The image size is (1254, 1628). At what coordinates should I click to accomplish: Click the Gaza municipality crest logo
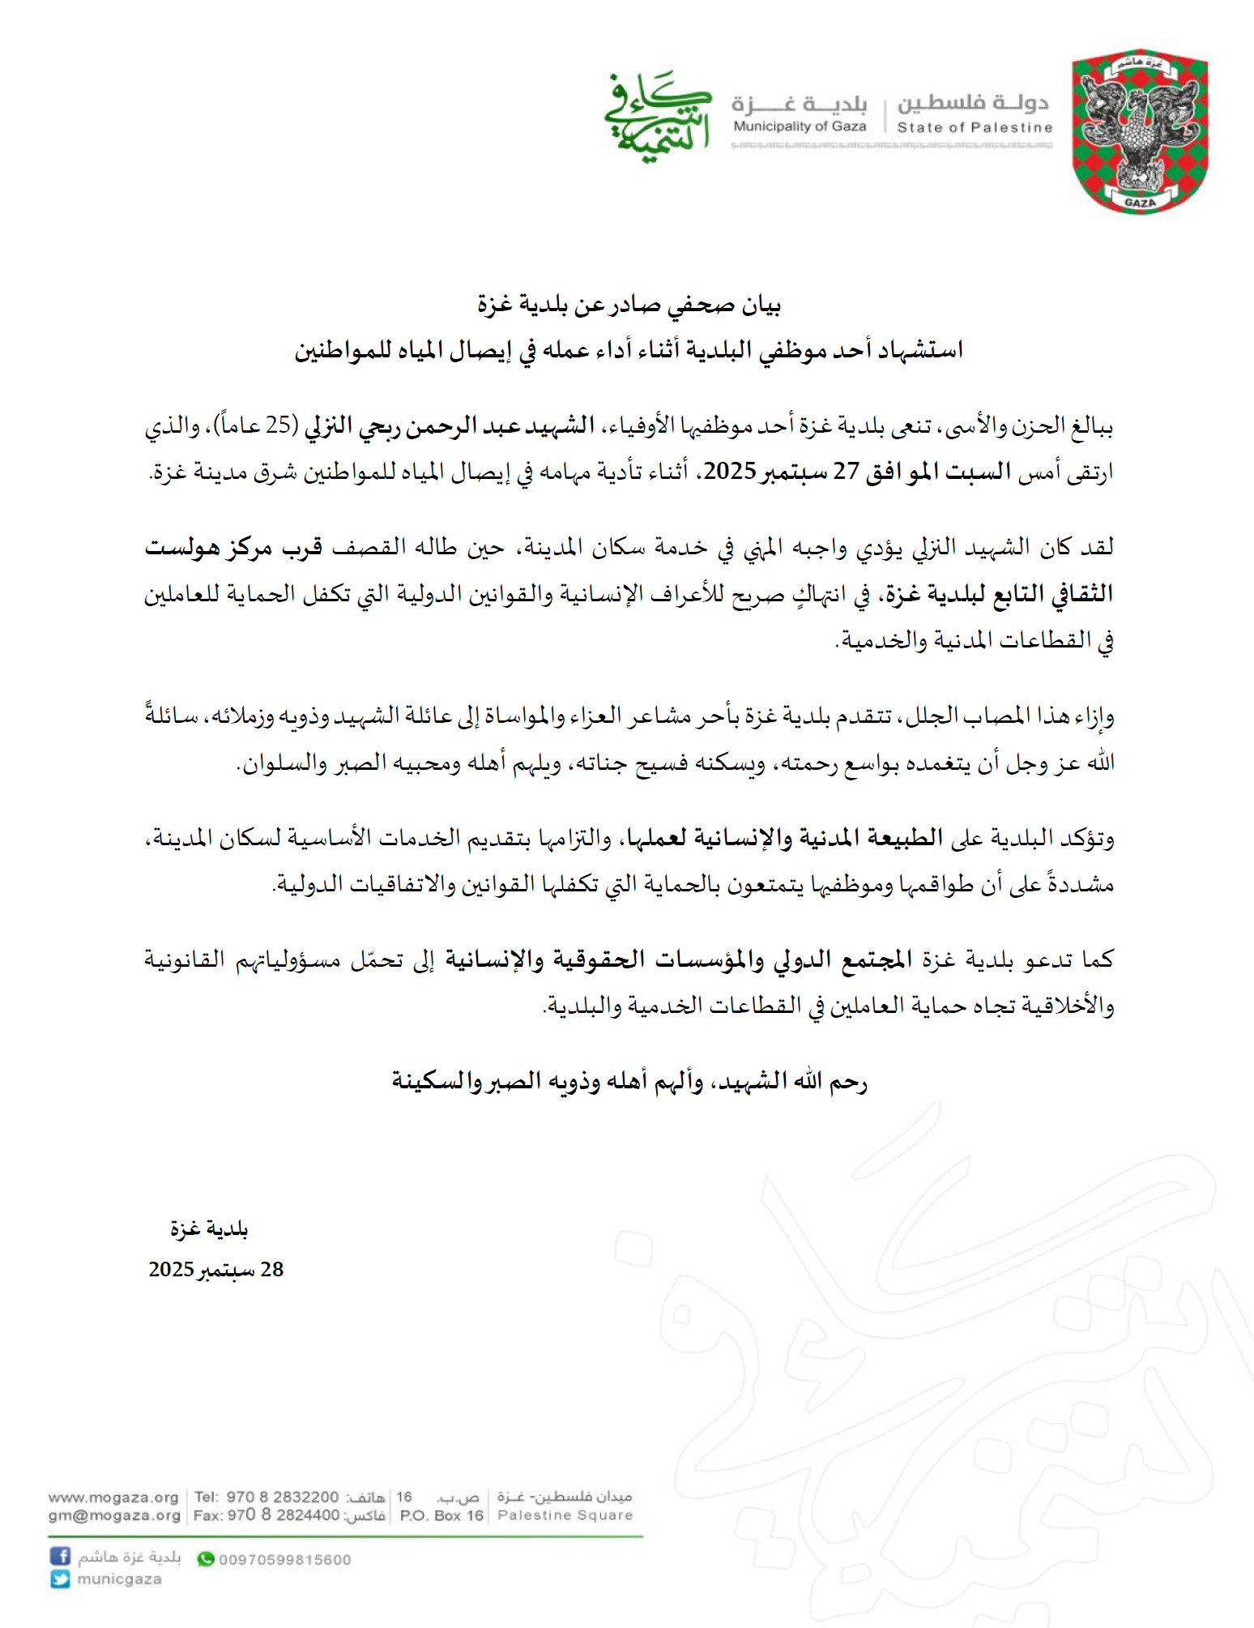pyautogui.click(x=1140, y=135)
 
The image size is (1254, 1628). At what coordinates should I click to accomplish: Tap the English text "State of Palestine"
pyautogui.click(x=975, y=127)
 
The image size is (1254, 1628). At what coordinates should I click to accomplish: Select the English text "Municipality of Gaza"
pyautogui.click(x=800, y=126)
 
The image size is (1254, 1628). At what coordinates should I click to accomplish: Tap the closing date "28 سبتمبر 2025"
pyautogui.click(x=215, y=1269)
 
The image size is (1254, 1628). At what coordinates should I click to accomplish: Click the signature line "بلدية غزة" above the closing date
pyautogui.click(x=209, y=1228)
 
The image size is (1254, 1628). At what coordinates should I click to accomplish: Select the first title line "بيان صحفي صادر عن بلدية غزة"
pyautogui.click(x=629, y=305)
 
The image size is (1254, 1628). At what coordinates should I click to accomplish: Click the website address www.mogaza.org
pyautogui.click(x=113, y=1497)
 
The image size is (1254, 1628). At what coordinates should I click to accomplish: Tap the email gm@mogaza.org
pyautogui.click(x=113, y=1515)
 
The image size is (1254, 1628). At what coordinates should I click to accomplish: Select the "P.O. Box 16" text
pyautogui.click(x=441, y=1515)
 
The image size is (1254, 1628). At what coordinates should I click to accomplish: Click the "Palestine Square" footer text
pyautogui.click(x=565, y=1515)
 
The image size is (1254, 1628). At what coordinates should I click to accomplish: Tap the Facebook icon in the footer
pyautogui.click(x=60, y=1556)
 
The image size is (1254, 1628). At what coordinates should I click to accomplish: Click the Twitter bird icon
pyautogui.click(x=60, y=1579)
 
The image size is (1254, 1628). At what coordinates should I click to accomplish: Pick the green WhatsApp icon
pyautogui.click(x=206, y=1559)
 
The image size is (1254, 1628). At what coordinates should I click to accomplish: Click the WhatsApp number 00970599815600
pyautogui.click(x=284, y=1560)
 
